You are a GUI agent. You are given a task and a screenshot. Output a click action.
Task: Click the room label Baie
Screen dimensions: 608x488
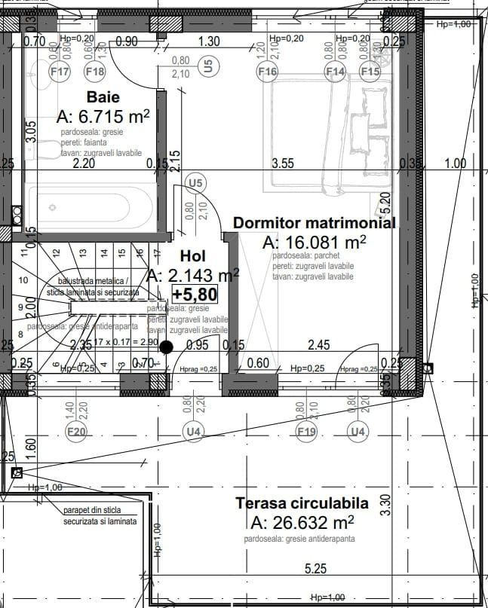click(103, 97)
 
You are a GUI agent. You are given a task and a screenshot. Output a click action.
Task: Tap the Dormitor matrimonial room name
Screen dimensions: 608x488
click(314, 223)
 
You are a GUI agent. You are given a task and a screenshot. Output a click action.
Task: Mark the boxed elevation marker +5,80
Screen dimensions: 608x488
click(195, 294)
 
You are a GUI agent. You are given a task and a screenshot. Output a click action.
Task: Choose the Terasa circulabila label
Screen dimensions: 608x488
click(302, 503)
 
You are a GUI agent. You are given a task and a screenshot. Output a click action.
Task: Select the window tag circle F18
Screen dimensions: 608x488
click(95, 72)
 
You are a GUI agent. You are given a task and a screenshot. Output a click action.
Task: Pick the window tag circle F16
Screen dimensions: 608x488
click(268, 72)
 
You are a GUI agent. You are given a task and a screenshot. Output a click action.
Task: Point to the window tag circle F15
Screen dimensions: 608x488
click(370, 72)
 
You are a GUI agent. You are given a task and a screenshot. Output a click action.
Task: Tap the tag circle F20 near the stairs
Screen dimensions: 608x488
click(76, 432)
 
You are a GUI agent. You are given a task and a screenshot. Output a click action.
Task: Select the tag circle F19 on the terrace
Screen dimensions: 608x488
click(306, 432)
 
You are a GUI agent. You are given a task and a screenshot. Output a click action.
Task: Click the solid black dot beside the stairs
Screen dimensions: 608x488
click(167, 347)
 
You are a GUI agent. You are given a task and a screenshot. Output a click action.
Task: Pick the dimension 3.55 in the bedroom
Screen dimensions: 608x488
click(283, 163)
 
